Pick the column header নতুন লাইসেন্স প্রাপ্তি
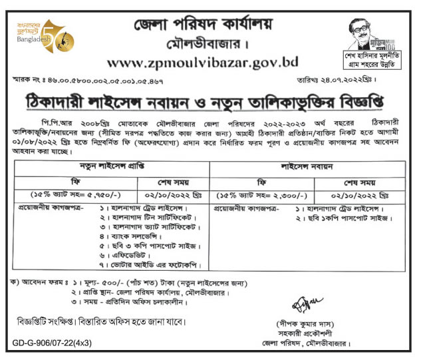point(108,164)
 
